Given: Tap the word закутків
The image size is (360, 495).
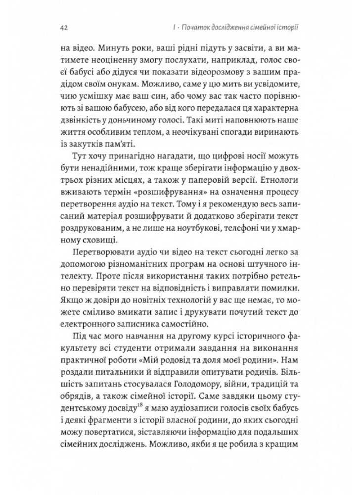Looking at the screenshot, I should (x=87, y=150).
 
